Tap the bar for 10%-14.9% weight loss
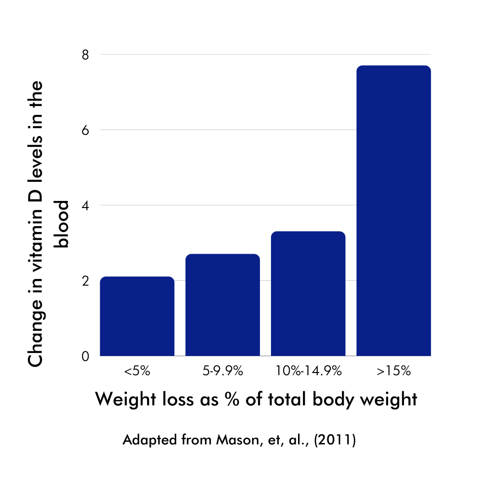[x=308, y=294]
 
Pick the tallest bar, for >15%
[x=394, y=211]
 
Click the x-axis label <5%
[x=137, y=371]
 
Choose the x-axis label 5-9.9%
[x=223, y=371]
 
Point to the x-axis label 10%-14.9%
[x=308, y=371]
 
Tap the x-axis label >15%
[x=394, y=371]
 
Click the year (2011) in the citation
[x=335, y=441]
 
